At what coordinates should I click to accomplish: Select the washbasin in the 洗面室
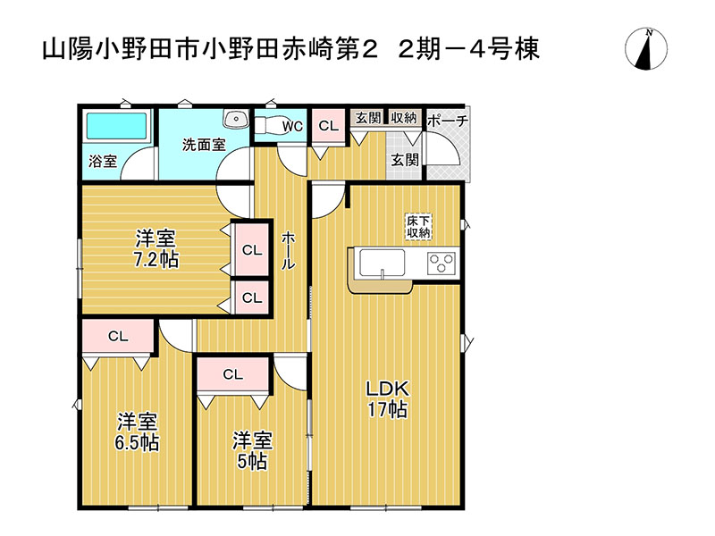coord(237,119)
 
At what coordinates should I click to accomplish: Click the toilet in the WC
coord(269,126)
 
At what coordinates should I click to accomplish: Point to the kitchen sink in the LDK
coord(383,264)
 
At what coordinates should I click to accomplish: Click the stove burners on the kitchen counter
coord(442,263)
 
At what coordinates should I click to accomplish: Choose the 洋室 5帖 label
coord(253,450)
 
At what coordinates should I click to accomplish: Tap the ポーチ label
coord(448,121)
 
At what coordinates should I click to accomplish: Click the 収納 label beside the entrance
coord(403,117)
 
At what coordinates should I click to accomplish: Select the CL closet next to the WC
coord(328,126)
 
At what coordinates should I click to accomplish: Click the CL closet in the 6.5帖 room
coord(118,337)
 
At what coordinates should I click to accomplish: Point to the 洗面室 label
coord(204,145)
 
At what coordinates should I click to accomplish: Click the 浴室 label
coord(103,162)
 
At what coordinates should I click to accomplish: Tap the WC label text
coord(293,127)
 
